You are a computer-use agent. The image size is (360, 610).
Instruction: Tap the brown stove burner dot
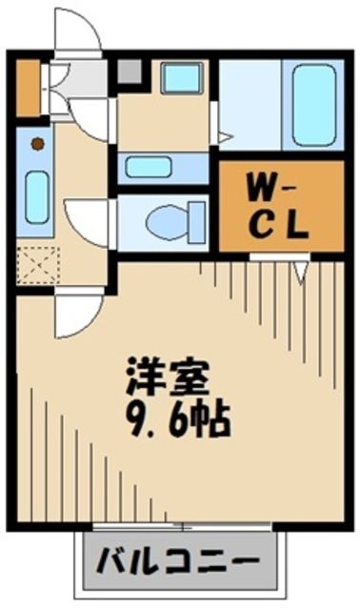pyautogui.click(x=37, y=145)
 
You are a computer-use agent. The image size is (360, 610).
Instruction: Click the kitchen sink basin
pyautogui.click(x=36, y=196)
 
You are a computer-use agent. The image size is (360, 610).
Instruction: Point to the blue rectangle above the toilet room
pyautogui.click(x=151, y=167)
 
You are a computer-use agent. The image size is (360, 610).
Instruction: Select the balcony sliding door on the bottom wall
pyautogui.click(x=177, y=525)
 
